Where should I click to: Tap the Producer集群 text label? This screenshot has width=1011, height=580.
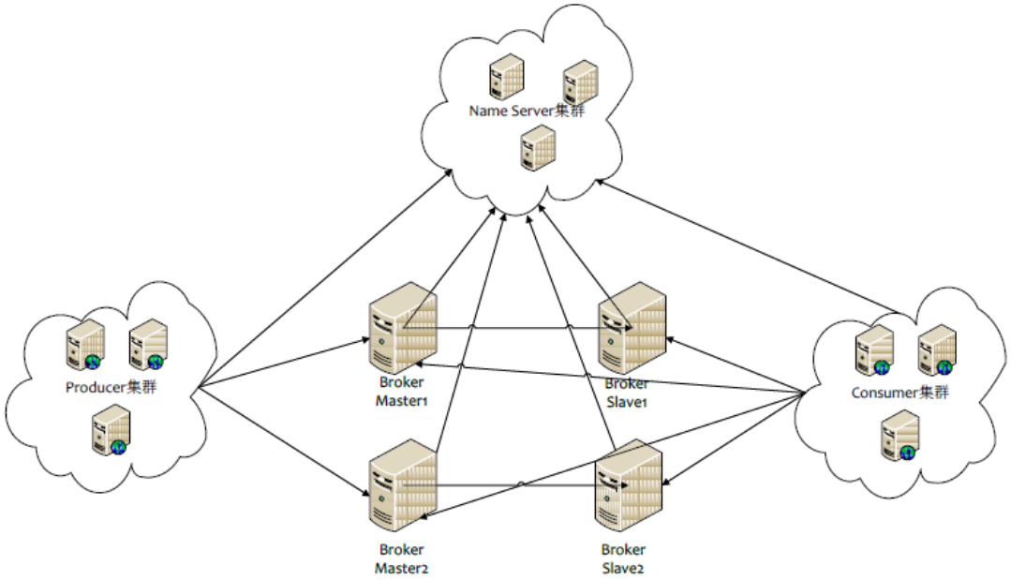(111, 386)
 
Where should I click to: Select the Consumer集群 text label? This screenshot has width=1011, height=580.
(899, 393)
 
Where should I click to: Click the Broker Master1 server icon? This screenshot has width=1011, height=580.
(402, 332)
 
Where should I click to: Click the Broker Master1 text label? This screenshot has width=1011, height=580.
(402, 392)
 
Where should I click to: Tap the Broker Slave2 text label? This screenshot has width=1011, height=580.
(623, 558)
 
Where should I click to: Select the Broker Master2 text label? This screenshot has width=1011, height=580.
(402, 558)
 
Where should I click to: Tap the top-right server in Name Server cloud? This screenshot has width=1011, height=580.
(580, 82)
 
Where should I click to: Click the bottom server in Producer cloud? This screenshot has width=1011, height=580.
(110, 431)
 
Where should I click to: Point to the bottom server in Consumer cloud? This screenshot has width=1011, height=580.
(899, 438)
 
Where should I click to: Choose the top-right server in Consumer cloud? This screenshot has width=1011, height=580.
(936, 349)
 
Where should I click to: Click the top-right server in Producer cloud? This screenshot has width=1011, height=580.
(147, 344)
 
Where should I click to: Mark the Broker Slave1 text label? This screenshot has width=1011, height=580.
(626, 393)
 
